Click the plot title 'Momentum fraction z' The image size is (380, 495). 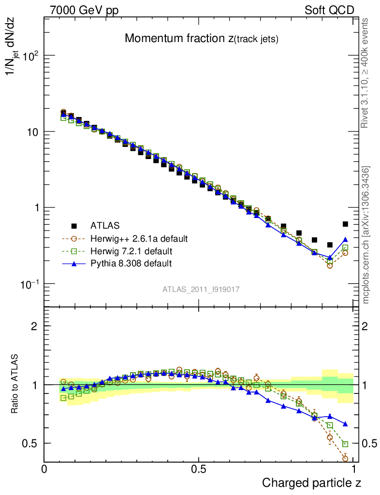(x=202, y=39)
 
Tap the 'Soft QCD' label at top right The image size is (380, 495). (x=329, y=10)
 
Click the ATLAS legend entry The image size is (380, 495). (x=105, y=225)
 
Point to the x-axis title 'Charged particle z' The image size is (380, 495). (x=312, y=482)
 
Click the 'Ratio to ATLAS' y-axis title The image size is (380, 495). (x=15, y=384)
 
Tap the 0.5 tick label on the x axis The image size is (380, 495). (x=199, y=469)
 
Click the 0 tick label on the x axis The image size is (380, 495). (x=44, y=469)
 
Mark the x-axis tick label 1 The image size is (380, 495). (x=354, y=469)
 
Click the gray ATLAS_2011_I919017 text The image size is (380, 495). (x=201, y=289)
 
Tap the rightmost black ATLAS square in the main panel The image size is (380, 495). (x=345, y=224)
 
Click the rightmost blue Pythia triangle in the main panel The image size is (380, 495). (x=345, y=239)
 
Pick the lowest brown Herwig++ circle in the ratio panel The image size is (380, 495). (x=345, y=458)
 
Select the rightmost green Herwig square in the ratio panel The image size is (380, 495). (x=345, y=444)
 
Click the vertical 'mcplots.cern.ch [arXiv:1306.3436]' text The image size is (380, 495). (x=366, y=235)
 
